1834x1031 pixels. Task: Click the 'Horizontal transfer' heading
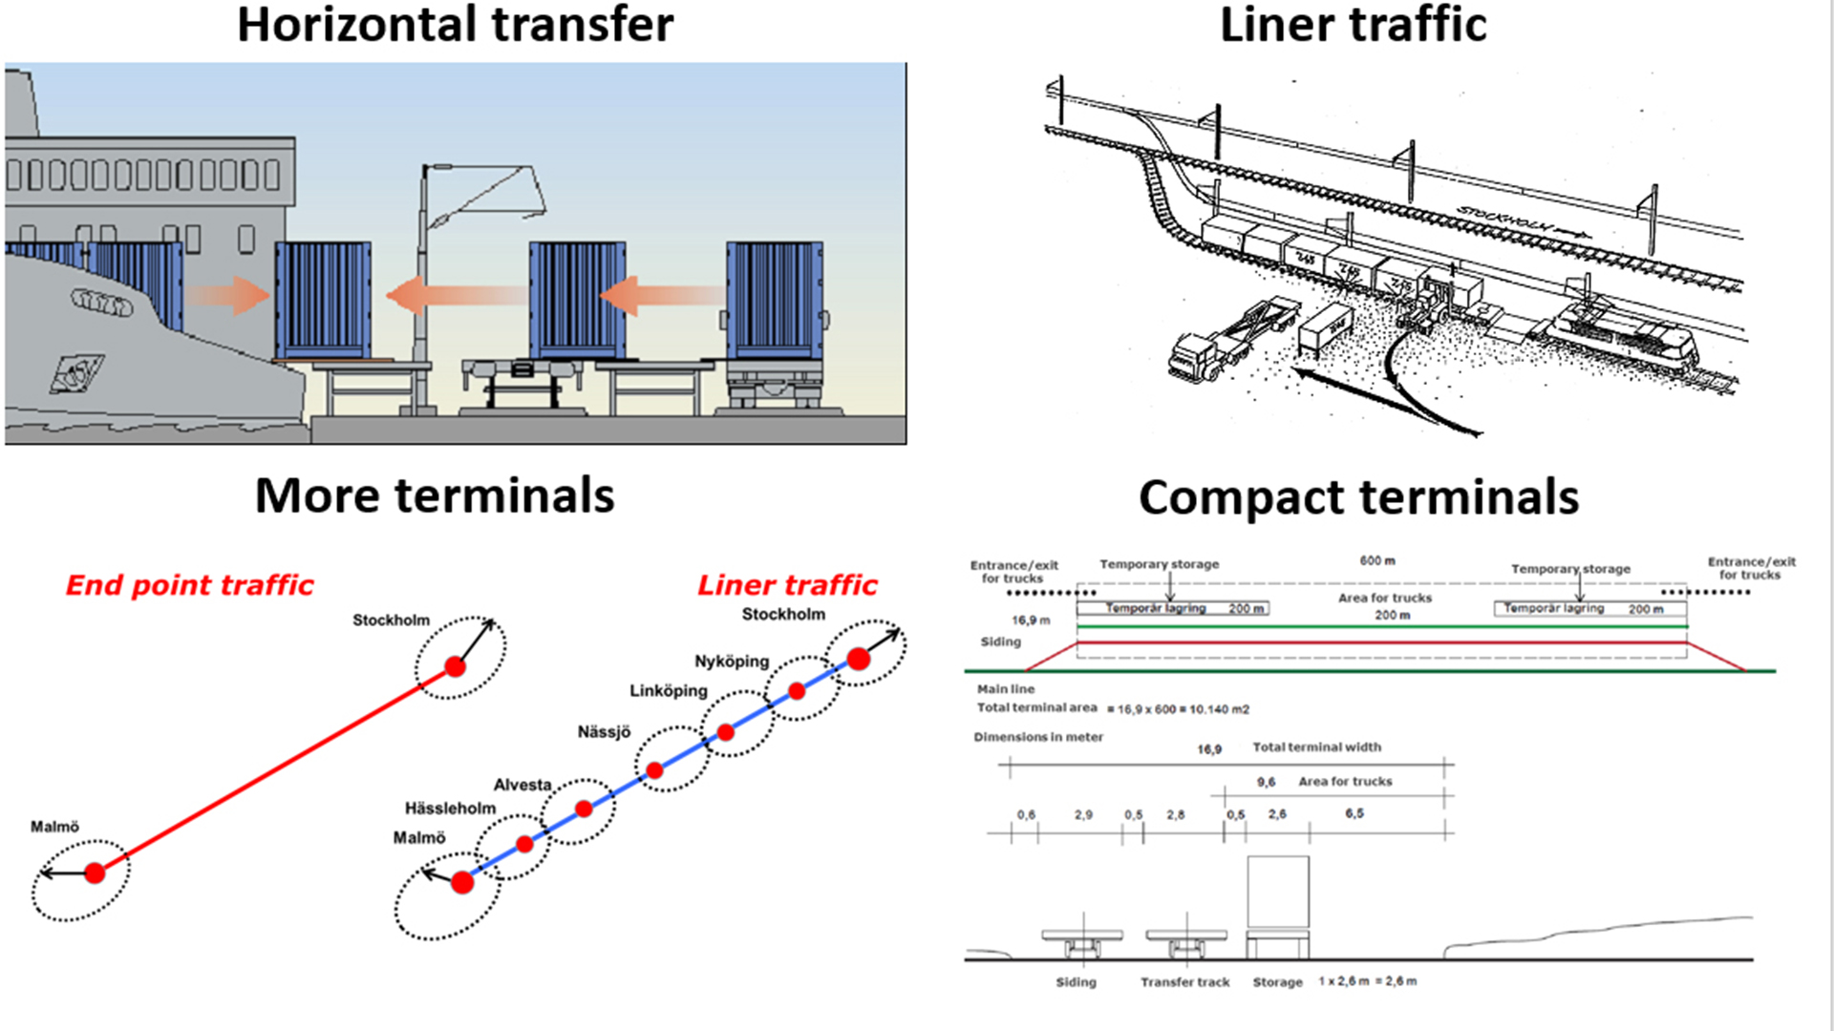pyautogui.click(x=455, y=25)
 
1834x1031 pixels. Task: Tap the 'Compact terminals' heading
pyautogui.click(x=1358, y=497)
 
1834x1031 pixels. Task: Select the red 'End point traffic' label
pyautogui.click(x=189, y=584)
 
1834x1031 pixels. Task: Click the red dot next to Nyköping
pyautogui.click(x=797, y=690)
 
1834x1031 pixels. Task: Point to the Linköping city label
pyautogui.click(x=668, y=690)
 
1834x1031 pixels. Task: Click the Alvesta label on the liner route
pyautogui.click(x=522, y=785)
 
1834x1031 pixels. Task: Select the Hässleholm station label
pyautogui.click(x=450, y=809)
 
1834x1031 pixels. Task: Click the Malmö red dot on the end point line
pyautogui.click(x=95, y=873)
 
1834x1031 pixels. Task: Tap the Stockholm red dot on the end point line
pyautogui.click(x=456, y=666)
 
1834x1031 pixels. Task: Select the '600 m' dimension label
pyautogui.click(x=1377, y=560)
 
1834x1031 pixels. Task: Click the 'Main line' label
pyautogui.click(x=1005, y=688)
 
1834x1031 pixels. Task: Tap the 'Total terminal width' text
pyautogui.click(x=1316, y=747)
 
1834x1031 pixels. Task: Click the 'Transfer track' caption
pyautogui.click(x=1184, y=981)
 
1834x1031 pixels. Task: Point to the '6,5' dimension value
pyautogui.click(x=1354, y=813)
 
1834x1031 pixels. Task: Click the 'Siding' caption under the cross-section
pyautogui.click(x=1076, y=981)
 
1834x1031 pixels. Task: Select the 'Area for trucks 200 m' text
pyautogui.click(x=1385, y=606)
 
